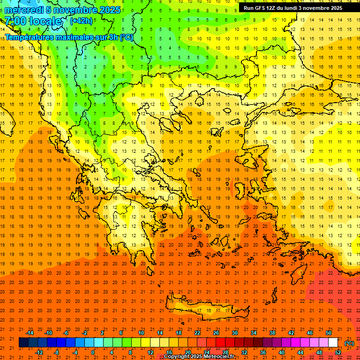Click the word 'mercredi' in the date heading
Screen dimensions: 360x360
point(23,10)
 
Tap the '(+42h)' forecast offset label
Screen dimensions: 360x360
point(81,21)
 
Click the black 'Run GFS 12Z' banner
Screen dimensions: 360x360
point(293,8)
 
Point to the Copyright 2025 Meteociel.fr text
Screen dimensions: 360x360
point(199,357)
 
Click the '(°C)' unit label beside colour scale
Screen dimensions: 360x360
point(349,343)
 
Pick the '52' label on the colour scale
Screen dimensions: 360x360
point(338,352)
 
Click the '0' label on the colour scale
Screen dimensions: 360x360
point(93,352)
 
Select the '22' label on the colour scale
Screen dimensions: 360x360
point(197,333)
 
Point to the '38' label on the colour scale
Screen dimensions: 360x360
point(272,333)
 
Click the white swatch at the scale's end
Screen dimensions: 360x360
point(333,343)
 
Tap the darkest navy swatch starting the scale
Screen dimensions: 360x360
point(23,343)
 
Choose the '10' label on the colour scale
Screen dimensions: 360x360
point(141,333)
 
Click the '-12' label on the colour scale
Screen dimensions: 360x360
point(39,352)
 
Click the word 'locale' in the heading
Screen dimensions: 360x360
point(45,21)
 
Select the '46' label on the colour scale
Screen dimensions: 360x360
point(310,333)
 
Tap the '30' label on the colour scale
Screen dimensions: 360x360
point(235,333)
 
